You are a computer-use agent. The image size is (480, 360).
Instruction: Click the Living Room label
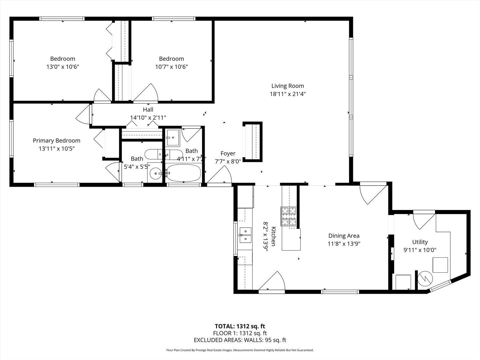pyautogui.click(x=288, y=86)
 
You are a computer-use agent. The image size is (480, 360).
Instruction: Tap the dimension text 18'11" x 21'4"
pyautogui.click(x=288, y=94)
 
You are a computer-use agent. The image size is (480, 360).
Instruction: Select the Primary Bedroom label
pyautogui.click(x=57, y=141)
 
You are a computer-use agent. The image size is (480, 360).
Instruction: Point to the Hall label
pyautogui.click(x=148, y=110)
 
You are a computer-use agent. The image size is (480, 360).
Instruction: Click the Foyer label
pyautogui.click(x=228, y=153)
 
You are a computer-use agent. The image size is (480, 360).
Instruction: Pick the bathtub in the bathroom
pyautogui.click(x=183, y=173)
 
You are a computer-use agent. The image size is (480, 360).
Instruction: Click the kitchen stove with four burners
pyautogui.click(x=288, y=216)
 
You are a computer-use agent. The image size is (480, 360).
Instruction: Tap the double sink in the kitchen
pyautogui.click(x=245, y=235)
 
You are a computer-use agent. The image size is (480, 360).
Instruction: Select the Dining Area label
pyautogui.click(x=344, y=236)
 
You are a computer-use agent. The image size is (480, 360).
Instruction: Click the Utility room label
pyautogui.click(x=420, y=242)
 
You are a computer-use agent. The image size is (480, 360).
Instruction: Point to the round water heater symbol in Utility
pyautogui.click(x=425, y=278)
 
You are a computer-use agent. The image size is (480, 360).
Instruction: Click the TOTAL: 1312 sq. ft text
pyautogui.click(x=240, y=326)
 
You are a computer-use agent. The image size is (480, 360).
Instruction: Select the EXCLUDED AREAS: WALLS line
pyautogui.click(x=240, y=340)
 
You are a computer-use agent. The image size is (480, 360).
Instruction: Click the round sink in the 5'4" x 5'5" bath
pyautogui.click(x=155, y=174)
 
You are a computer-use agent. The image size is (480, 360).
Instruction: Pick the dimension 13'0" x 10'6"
pyautogui.click(x=63, y=67)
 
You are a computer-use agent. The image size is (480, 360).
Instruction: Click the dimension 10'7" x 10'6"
pyautogui.click(x=171, y=67)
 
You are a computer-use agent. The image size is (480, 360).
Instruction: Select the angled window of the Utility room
pyautogui.click(x=440, y=286)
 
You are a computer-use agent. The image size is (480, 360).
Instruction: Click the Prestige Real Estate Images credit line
pyautogui.click(x=240, y=350)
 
